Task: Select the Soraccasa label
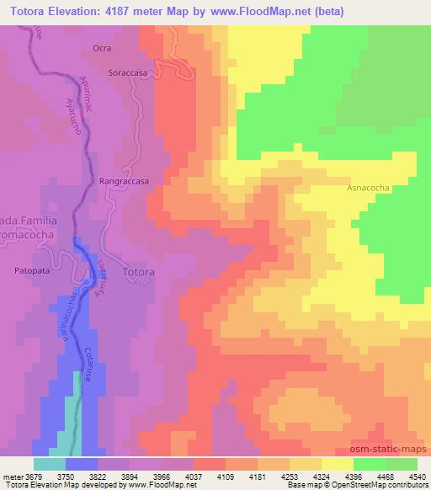pyautogui.click(x=129, y=73)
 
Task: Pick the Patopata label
pyautogui.click(x=35, y=271)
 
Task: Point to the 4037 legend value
pyautogui.click(x=207, y=476)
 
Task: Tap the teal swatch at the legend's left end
pyautogui.click(x=50, y=463)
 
